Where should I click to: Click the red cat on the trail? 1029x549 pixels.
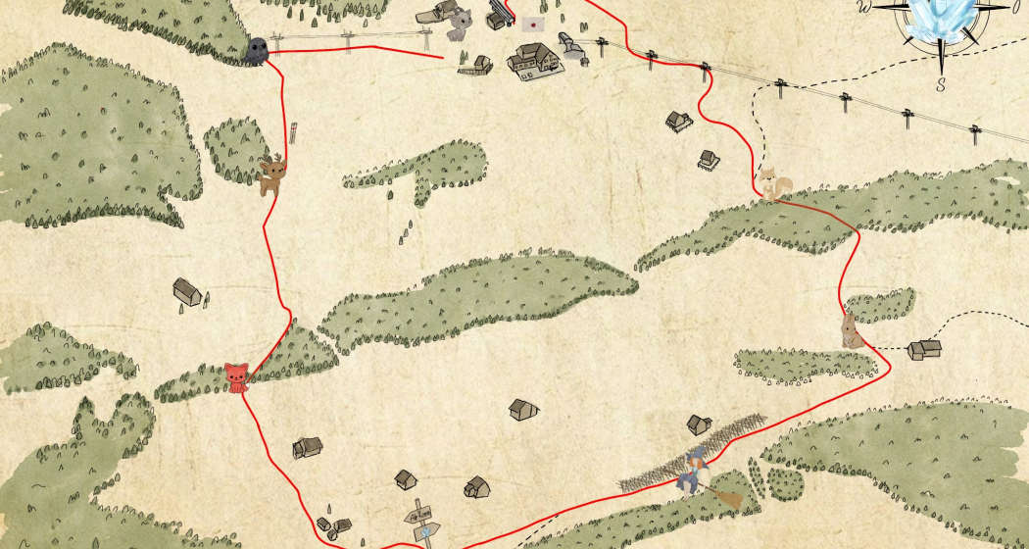pyautogui.click(x=236, y=376)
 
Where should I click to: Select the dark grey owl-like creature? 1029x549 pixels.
pyautogui.click(x=257, y=50)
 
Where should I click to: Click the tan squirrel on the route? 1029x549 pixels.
pyautogui.click(x=773, y=182)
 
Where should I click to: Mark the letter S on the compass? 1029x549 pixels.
pyautogui.click(x=941, y=85)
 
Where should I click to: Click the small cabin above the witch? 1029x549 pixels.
pyautogui.click(x=699, y=424)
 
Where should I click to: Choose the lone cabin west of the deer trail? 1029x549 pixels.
pyautogui.click(x=187, y=291)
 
